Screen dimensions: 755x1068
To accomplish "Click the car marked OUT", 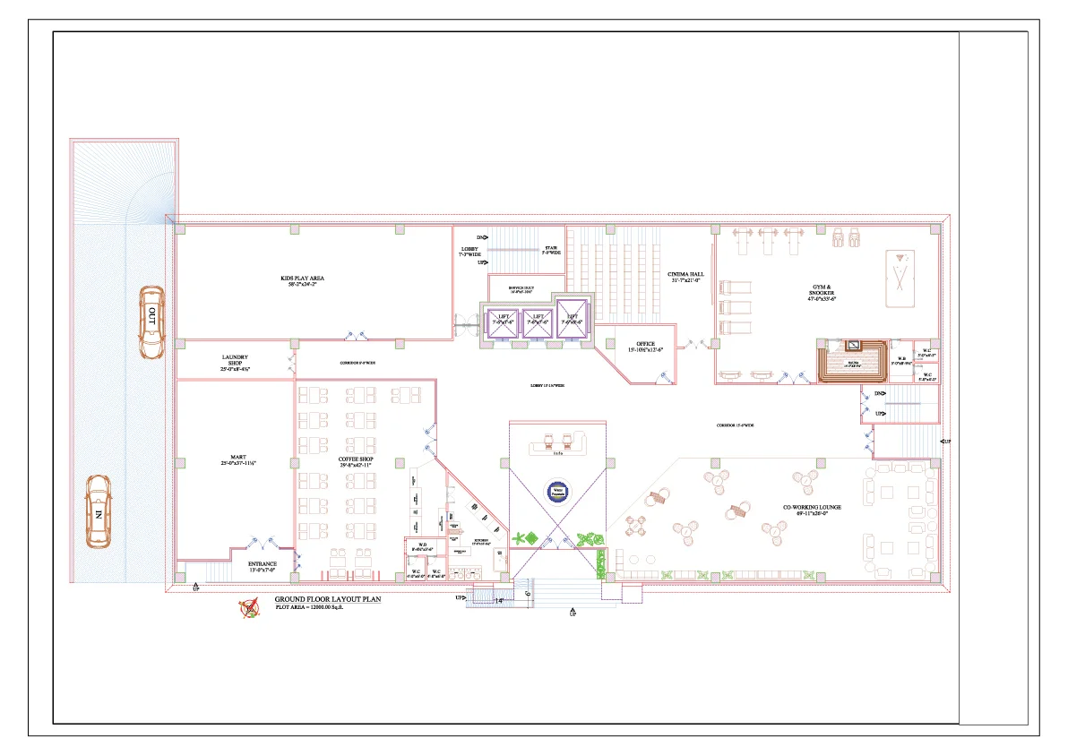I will coord(151,322).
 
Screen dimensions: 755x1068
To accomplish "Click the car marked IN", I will coord(98,511).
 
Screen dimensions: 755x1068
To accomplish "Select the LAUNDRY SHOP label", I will coord(235,363).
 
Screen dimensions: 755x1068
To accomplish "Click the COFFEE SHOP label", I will coord(355,462).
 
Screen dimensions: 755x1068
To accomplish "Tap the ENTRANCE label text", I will coord(263,565).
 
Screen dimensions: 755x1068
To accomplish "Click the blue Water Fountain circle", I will coord(556,491).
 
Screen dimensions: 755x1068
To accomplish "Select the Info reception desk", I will coord(557,445).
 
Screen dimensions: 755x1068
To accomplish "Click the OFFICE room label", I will coord(645,346).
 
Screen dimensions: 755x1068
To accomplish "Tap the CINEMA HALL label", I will coord(685,277).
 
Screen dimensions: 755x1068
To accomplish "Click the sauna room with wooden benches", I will coord(852,361).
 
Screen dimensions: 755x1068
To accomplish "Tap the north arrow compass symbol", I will coord(249,608).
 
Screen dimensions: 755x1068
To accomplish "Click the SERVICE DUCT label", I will coord(521,288).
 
